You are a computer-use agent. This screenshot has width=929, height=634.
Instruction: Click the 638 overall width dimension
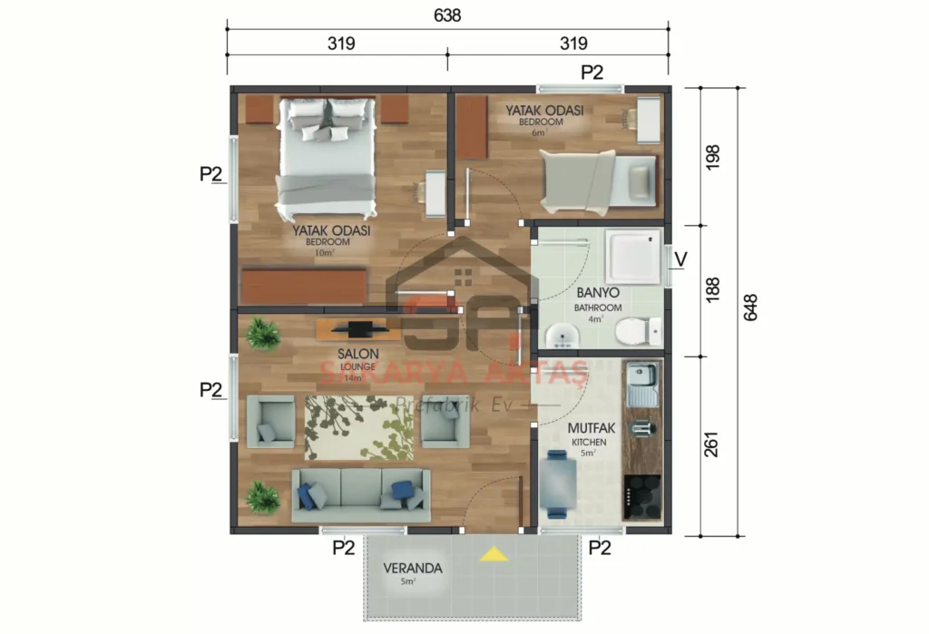click(x=447, y=15)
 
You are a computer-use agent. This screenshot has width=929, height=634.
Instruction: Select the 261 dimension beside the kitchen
click(x=711, y=444)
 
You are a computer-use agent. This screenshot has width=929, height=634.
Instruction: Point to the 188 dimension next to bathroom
click(x=711, y=289)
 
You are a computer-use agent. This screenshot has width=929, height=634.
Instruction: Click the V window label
click(x=681, y=259)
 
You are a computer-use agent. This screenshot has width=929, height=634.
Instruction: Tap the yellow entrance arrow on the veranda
click(x=494, y=553)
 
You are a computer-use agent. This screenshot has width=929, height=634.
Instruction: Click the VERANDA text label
click(x=412, y=569)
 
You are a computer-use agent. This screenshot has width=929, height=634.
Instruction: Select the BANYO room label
click(x=598, y=293)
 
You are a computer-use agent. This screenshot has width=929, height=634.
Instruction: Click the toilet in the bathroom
click(x=638, y=332)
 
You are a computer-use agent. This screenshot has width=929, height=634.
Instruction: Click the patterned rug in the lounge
click(x=360, y=427)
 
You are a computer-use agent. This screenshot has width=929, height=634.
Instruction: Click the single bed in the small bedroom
click(x=599, y=180)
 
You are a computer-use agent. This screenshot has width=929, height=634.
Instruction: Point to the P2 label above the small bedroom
click(x=592, y=73)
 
